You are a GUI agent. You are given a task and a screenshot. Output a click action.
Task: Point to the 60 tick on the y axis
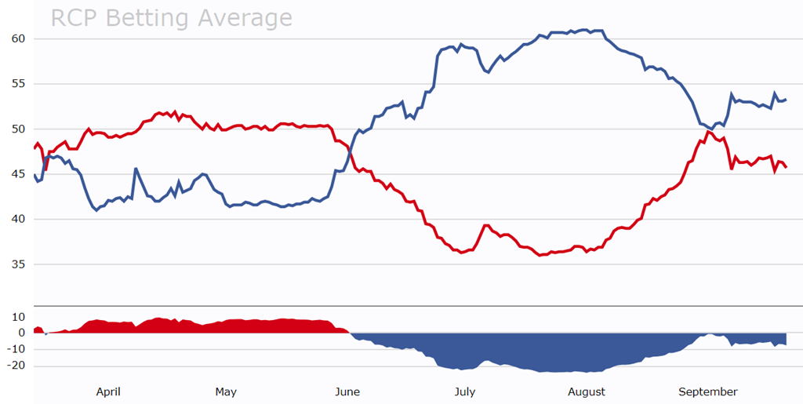click(x=19, y=38)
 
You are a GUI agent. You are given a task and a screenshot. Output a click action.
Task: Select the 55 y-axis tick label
click(x=19, y=84)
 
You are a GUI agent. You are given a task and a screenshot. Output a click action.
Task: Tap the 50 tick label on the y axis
click(x=19, y=129)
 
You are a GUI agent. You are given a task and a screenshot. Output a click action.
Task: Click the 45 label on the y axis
click(x=19, y=174)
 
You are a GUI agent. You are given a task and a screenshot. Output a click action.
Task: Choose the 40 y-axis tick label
click(x=19, y=220)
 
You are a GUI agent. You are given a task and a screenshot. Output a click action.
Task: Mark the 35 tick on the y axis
click(x=19, y=264)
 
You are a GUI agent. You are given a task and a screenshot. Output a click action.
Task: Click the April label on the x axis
click(x=107, y=391)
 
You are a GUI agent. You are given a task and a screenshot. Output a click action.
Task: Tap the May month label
click(x=226, y=391)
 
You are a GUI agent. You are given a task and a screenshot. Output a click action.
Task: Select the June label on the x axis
click(x=347, y=391)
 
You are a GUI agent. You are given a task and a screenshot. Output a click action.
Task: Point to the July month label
click(x=464, y=391)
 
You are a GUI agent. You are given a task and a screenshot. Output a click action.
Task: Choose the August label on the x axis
click(x=586, y=391)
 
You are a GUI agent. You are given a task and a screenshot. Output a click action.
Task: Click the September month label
click(x=707, y=391)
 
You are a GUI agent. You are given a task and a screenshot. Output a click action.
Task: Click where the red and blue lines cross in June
click(x=350, y=148)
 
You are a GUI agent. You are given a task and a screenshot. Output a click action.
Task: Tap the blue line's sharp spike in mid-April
click(x=136, y=169)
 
